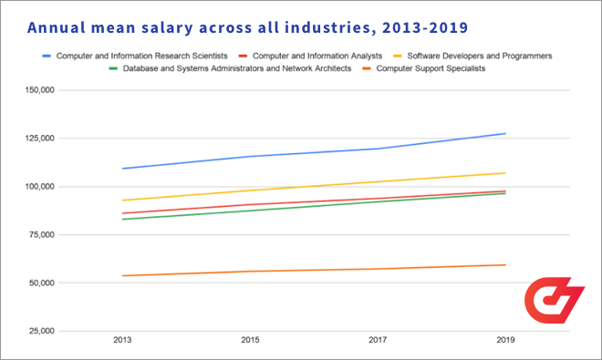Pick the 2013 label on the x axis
point(122,341)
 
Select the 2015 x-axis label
point(250,341)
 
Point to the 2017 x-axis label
point(378,341)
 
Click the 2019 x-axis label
point(505,341)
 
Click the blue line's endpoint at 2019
point(505,134)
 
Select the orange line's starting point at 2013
point(122,275)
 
